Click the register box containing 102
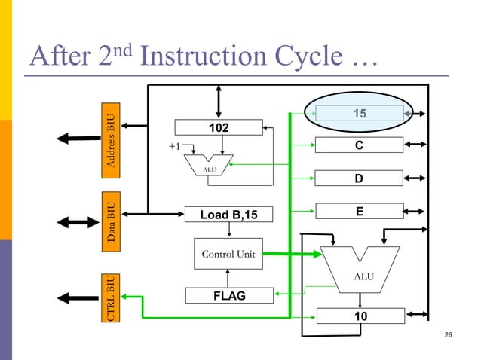tap(219, 128)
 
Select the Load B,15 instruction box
tap(228, 215)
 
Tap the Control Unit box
tap(227, 255)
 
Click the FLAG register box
tap(228, 296)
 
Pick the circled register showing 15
tap(360, 113)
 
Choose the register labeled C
tap(360, 145)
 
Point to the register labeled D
tap(360, 178)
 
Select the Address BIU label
tap(111, 141)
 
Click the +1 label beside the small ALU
tap(174, 147)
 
